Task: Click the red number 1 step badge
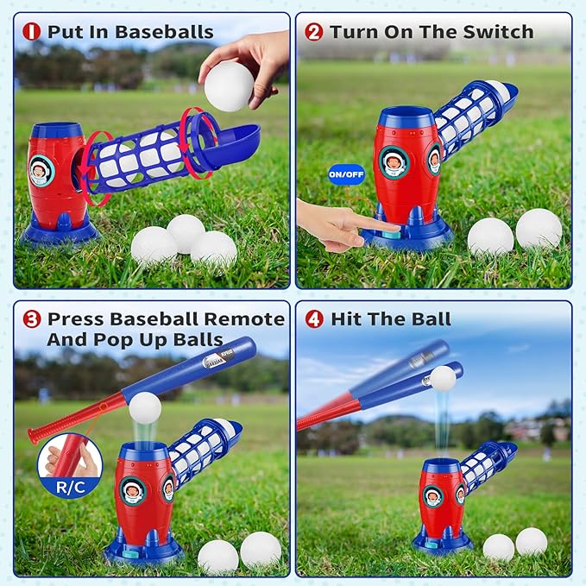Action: pyautogui.click(x=32, y=32)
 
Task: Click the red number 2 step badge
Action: pyautogui.click(x=314, y=32)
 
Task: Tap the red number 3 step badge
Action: pyautogui.click(x=32, y=318)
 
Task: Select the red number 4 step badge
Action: pyautogui.click(x=314, y=318)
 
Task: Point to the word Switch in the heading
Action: pyautogui.click(x=499, y=32)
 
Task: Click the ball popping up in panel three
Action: pyautogui.click(x=144, y=406)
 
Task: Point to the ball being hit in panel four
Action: pyautogui.click(x=443, y=378)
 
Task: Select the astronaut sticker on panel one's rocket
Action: pyautogui.click(x=41, y=169)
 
